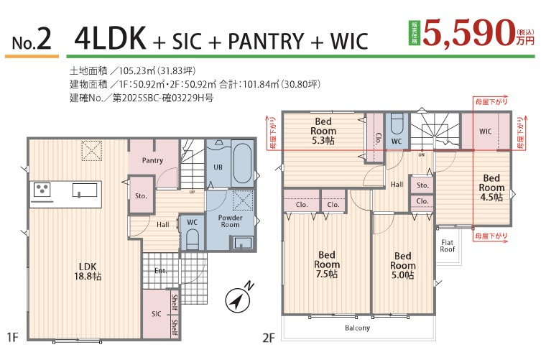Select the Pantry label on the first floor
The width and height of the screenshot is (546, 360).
[152, 160]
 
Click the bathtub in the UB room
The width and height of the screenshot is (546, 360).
[242, 164]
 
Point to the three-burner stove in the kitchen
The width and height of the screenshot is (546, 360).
[42, 190]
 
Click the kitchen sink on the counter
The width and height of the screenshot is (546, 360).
[85, 190]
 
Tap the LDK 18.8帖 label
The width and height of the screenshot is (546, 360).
[88, 272]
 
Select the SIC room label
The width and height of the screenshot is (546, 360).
[157, 314]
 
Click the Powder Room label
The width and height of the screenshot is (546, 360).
[230, 221]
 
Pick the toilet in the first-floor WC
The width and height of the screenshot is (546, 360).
[193, 239]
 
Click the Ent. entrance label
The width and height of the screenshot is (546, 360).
[160, 270]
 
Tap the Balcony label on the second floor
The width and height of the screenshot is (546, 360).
[357, 328]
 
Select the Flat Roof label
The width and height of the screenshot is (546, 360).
[448, 246]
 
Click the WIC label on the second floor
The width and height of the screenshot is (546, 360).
[486, 131]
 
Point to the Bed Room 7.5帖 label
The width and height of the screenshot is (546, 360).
[327, 264]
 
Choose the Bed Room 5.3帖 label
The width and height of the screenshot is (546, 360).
[323, 131]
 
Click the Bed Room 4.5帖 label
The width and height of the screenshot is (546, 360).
[491, 188]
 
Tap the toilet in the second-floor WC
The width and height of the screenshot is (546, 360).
[397, 124]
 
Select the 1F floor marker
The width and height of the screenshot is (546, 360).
[12, 337]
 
